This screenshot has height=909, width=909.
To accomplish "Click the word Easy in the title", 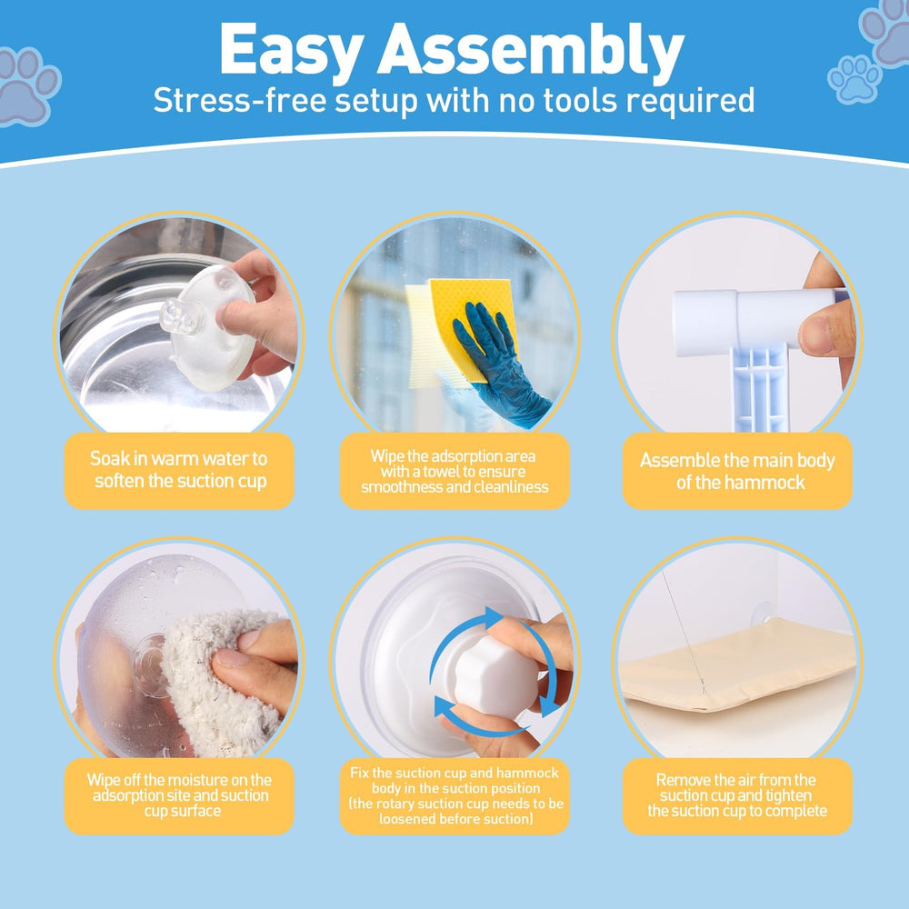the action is click(292, 52).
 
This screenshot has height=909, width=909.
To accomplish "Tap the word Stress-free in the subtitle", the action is click(239, 100).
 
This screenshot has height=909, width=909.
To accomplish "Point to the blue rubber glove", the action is click(498, 365).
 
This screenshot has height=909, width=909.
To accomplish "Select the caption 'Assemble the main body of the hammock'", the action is click(737, 471).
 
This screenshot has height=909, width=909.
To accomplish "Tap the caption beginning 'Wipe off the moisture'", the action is click(179, 794).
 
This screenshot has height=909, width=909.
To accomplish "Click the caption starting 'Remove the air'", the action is click(737, 794).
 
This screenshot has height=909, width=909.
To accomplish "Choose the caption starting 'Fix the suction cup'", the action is click(455, 795).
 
